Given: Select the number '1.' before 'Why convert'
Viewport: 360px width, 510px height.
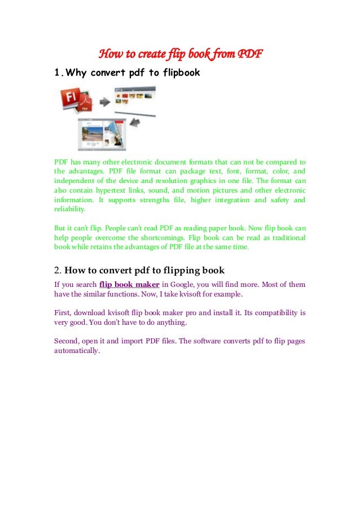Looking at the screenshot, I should pos(58,72).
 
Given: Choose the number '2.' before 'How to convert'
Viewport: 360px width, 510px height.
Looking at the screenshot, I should pos(58,269).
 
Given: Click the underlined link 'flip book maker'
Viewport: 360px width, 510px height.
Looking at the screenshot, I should pos(129,284).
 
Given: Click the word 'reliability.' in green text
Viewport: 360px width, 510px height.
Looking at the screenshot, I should pos(70,209).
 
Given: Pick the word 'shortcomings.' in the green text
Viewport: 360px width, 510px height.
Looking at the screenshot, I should pos(160,238).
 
